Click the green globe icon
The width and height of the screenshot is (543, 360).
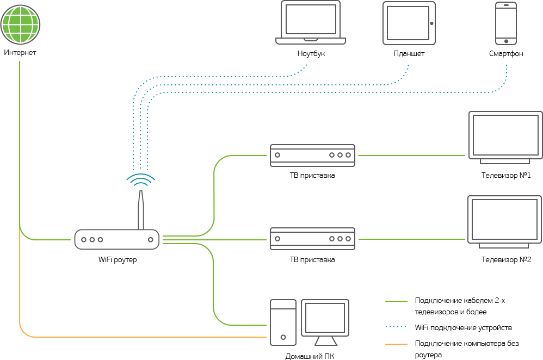pos(20,25)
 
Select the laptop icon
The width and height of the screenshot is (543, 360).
pos(311,22)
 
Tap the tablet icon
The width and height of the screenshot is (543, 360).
pos(409,23)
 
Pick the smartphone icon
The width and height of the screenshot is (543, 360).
pos(506,23)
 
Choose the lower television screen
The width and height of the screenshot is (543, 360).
pos(504,220)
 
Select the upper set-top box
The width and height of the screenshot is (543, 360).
pos(312,155)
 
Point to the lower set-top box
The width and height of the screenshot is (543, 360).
pos(312,239)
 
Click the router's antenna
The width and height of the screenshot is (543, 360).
pos(141,209)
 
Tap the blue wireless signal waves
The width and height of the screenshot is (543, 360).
pos(141,180)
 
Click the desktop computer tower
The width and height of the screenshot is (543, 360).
pos(283,322)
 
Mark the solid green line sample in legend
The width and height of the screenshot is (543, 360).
pos(396,301)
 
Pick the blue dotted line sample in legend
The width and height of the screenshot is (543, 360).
pos(396,326)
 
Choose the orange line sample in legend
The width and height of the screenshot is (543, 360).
pos(396,344)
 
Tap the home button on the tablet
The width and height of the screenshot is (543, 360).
pos(431,23)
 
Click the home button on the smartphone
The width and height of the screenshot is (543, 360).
pos(506,41)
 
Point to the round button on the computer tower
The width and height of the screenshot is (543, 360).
pos(283,337)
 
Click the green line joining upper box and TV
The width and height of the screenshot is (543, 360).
pos(411,156)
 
